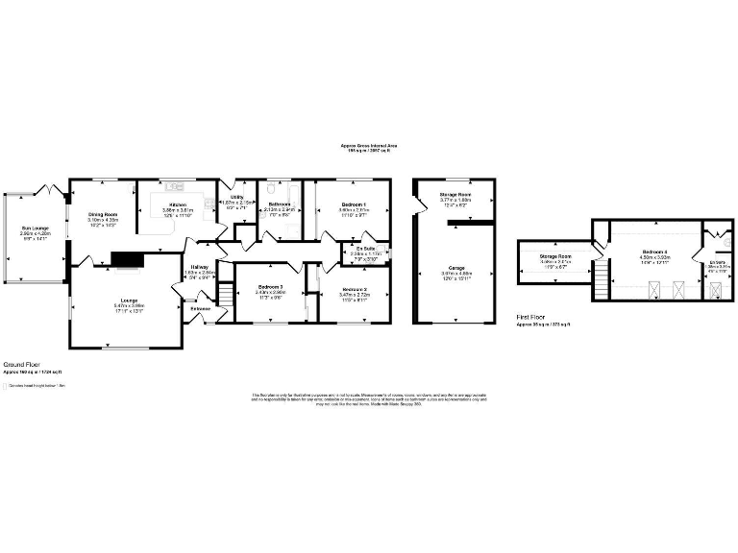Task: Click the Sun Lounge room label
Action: coord(35,228)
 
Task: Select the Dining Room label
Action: coord(103,214)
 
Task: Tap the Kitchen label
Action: coord(178,204)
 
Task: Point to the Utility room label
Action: coord(236,199)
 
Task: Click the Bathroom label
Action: coord(280,204)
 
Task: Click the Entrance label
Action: coord(200,308)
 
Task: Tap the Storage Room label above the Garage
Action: coord(452,196)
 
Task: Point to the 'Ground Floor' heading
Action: coord(20,365)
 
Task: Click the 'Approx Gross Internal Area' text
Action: coord(370,145)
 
